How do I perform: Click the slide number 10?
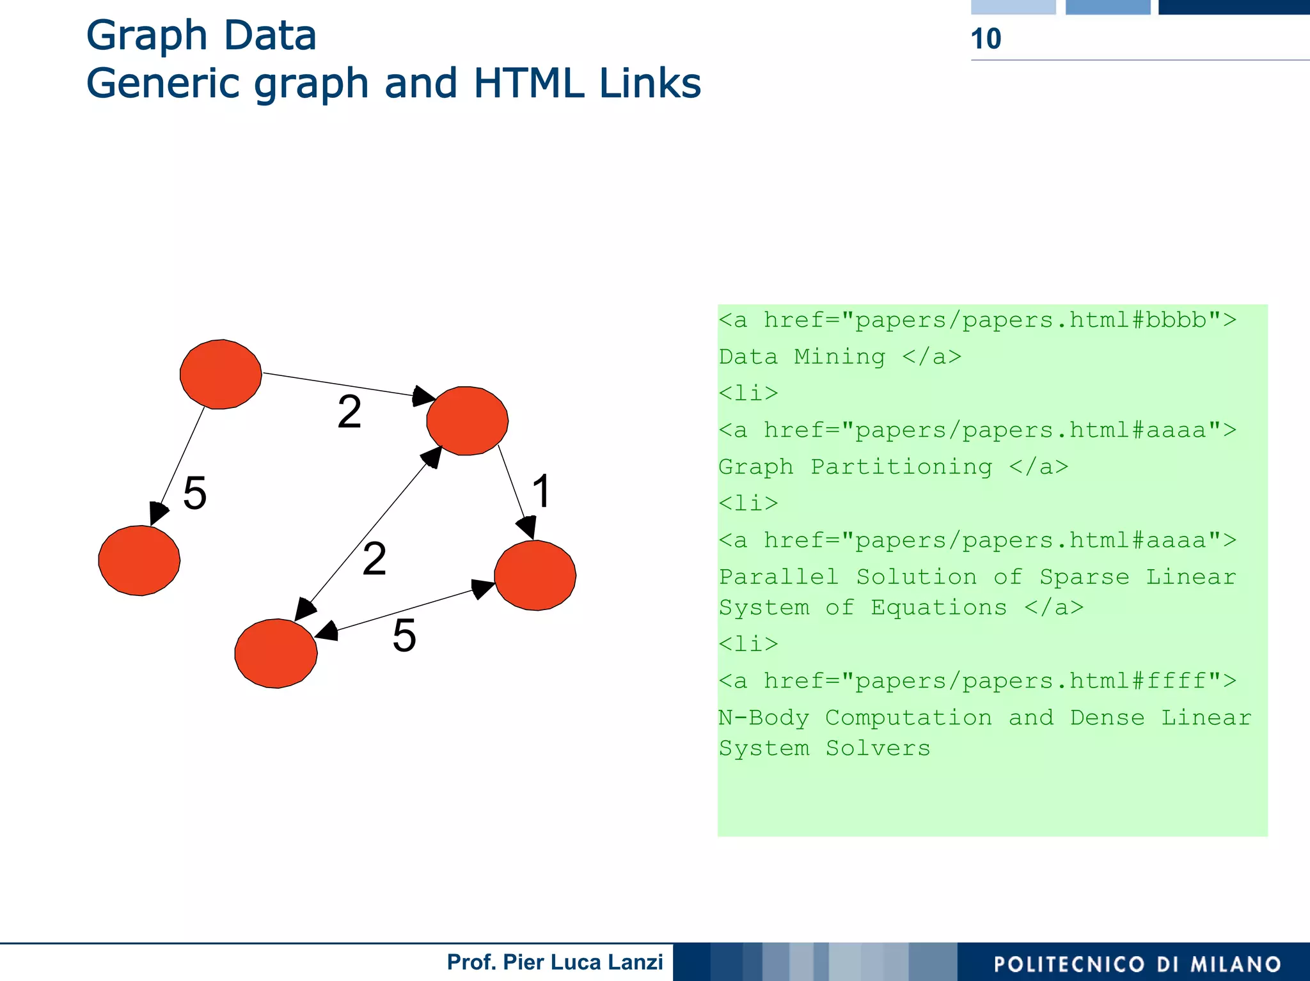pos(986,39)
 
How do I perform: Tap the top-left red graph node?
pos(221,374)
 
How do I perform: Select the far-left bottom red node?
pos(139,561)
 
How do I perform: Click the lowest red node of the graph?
pos(276,653)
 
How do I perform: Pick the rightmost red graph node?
pos(535,575)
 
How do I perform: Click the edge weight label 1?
pos(541,491)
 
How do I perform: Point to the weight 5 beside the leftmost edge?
pos(194,493)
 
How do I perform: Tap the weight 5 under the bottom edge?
pos(404,636)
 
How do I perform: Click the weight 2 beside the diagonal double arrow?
pos(374,558)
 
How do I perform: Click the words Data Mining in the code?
pos(802,356)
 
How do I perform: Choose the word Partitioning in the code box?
pos(901,467)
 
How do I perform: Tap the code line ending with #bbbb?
pos(977,320)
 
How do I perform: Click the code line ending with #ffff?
pos(977,680)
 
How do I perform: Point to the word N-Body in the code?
pos(764,718)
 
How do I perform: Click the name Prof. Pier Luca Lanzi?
pos(555,962)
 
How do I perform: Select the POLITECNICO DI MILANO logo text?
pos(1137,964)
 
